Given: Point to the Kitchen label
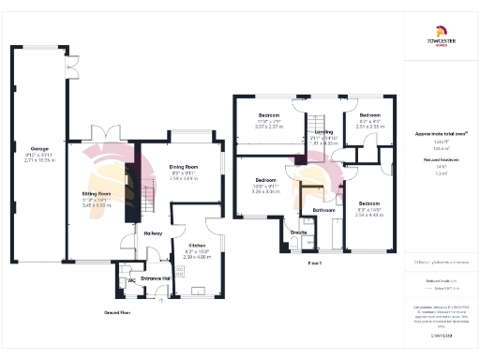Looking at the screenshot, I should (x=193, y=246).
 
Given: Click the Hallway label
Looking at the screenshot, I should (x=153, y=233).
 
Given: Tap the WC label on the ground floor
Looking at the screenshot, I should (x=131, y=279).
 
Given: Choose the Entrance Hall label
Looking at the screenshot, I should (x=156, y=278).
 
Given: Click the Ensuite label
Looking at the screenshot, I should (x=299, y=231).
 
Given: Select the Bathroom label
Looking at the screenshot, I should (x=324, y=210).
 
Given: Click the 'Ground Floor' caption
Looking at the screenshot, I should (x=116, y=311).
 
